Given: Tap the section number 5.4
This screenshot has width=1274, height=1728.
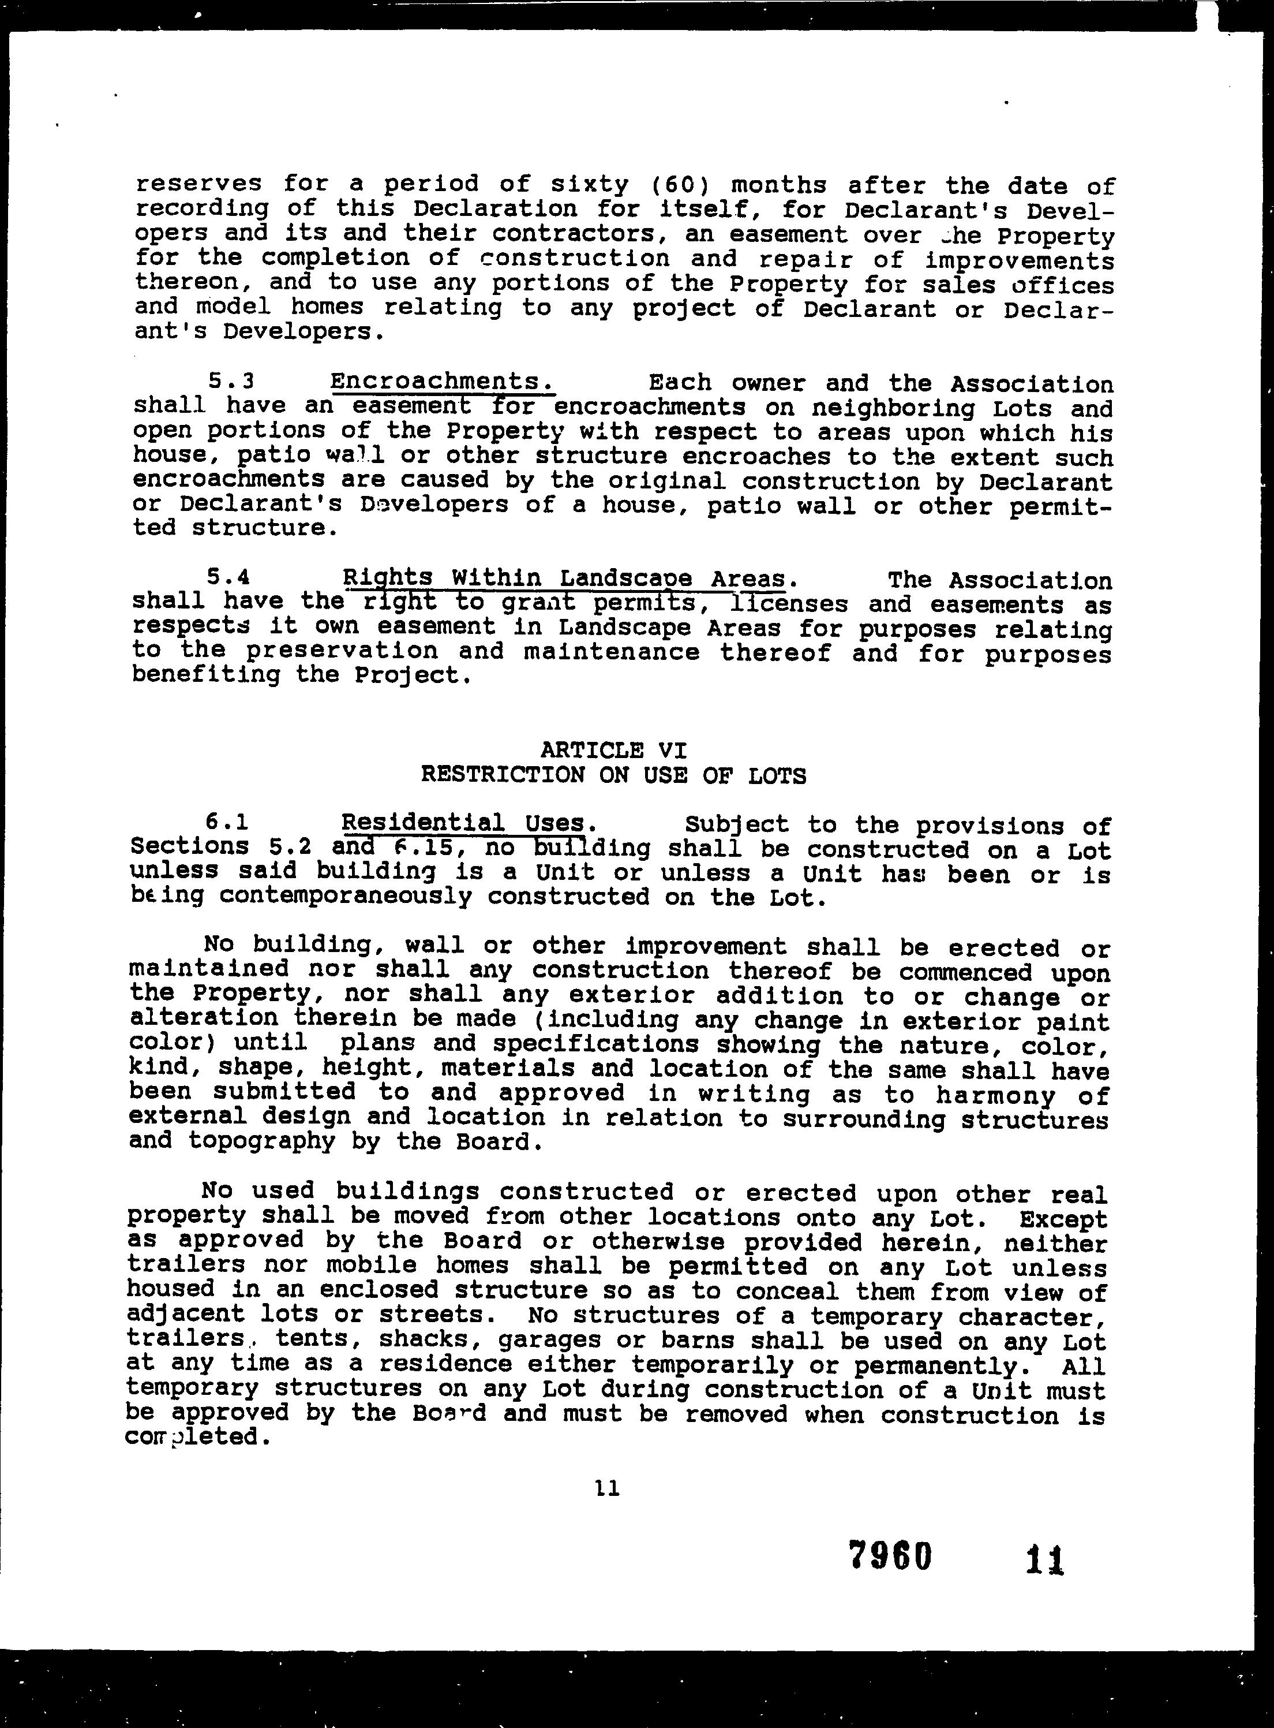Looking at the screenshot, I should tap(228, 577).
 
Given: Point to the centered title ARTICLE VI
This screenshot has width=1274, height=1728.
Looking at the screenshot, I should tap(613, 750).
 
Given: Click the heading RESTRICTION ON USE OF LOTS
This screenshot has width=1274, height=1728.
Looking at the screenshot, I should tap(613, 775).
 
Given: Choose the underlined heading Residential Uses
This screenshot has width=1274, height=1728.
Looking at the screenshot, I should tap(469, 824).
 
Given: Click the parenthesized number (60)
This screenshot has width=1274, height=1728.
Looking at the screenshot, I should tap(681, 185).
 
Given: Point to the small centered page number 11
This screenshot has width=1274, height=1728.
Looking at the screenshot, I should tap(608, 1488).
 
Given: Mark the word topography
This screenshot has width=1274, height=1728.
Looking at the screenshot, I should tap(262, 1143).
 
